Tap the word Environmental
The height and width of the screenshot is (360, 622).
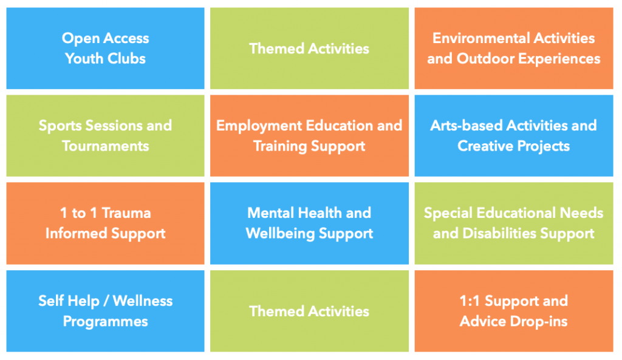[481, 38]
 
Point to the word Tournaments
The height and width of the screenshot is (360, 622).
[106, 146]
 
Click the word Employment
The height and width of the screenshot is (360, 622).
[259, 126]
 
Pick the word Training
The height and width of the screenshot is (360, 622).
[280, 147]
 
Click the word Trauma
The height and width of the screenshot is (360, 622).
[126, 213]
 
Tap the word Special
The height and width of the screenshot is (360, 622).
[448, 214]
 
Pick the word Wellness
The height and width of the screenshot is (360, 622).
[143, 301]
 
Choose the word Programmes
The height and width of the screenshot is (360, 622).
[106, 322]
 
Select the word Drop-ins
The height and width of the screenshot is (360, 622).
[538, 322]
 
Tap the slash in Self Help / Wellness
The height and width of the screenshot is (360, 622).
[106, 301]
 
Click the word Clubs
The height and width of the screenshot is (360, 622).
[126, 59]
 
